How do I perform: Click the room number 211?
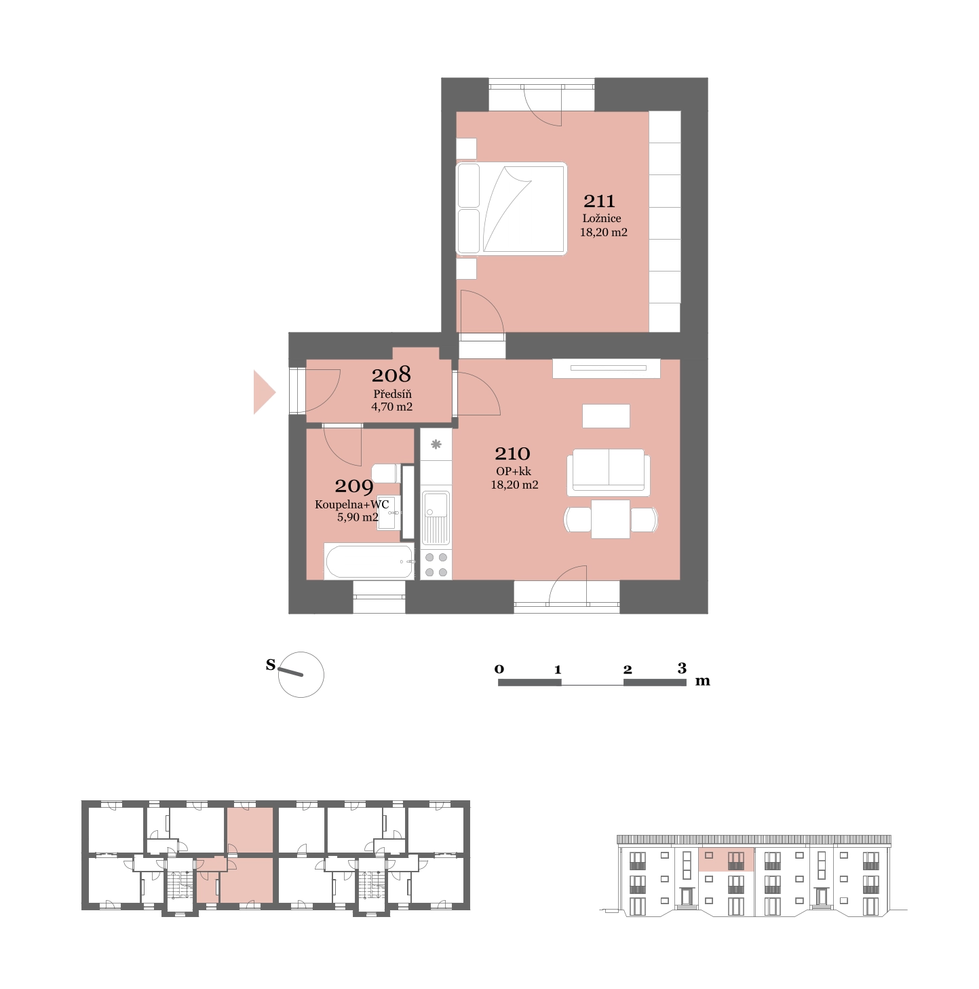pyautogui.click(x=599, y=201)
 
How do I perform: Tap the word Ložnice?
pyautogui.click(x=601, y=218)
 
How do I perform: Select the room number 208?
pyautogui.click(x=391, y=375)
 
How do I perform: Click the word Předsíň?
pyautogui.click(x=392, y=394)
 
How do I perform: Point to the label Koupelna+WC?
pyautogui.click(x=351, y=504)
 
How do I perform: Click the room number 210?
pyautogui.click(x=512, y=453)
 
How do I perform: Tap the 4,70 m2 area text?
pyautogui.click(x=391, y=407)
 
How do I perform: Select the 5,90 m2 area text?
pyautogui.click(x=357, y=517)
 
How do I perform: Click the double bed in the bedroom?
pyautogui.click(x=511, y=208)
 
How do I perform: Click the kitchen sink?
pyautogui.click(x=436, y=518)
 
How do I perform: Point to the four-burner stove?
pyautogui.click(x=436, y=564)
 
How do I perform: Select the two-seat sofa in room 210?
pyautogui.click(x=608, y=472)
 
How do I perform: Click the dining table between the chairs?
pyautogui.click(x=611, y=519)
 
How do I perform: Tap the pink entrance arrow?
pyautogui.click(x=264, y=392)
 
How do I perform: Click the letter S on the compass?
pyautogui.click(x=271, y=665)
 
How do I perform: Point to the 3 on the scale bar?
pyautogui.click(x=682, y=668)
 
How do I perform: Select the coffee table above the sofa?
pyautogui.click(x=606, y=415)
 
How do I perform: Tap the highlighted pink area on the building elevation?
pyautogui.click(x=726, y=859)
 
